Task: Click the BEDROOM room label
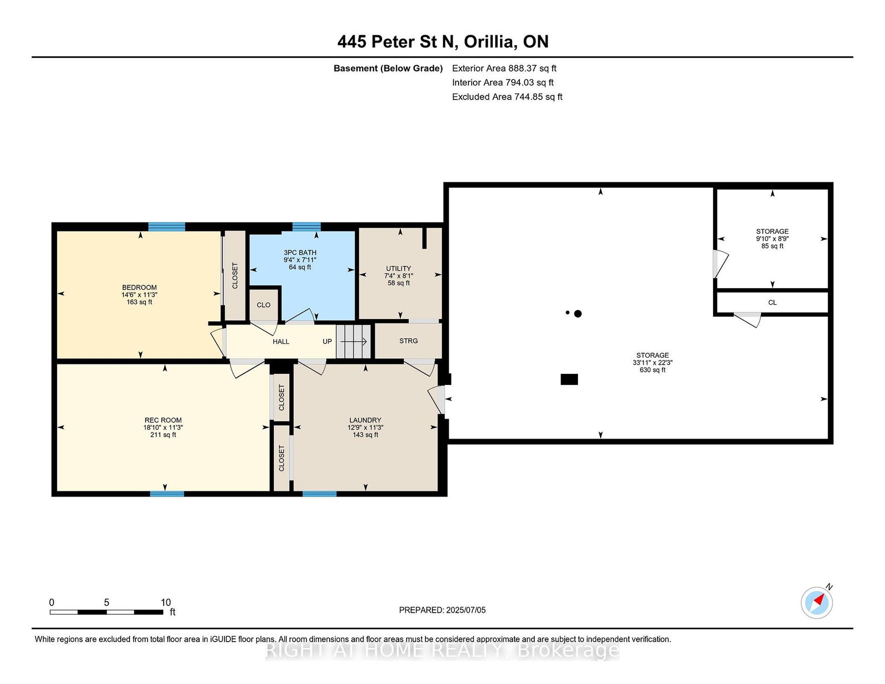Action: click(x=139, y=288)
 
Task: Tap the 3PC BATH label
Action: click(x=300, y=253)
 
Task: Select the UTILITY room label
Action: click(x=398, y=268)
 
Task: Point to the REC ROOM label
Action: click(x=163, y=420)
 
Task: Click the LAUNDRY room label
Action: click(x=365, y=420)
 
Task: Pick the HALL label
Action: click(x=281, y=342)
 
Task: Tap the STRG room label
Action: click(x=409, y=341)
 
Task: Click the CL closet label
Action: click(x=772, y=302)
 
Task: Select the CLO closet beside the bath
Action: click(x=263, y=305)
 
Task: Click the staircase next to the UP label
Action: click(x=353, y=341)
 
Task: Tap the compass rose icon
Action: click(x=818, y=602)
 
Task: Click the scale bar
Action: click(x=107, y=612)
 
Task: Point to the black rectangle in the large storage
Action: click(x=569, y=379)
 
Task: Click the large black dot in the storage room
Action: click(x=577, y=314)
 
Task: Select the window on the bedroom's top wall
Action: click(x=166, y=227)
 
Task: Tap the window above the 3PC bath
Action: click(x=306, y=227)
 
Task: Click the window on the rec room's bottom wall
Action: click(x=167, y=494)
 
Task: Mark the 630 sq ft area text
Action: click(x=653, y=370)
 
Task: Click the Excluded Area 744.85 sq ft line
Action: click(x=507, y=97)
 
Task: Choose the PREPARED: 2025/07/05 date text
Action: click(x=442, y=610)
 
